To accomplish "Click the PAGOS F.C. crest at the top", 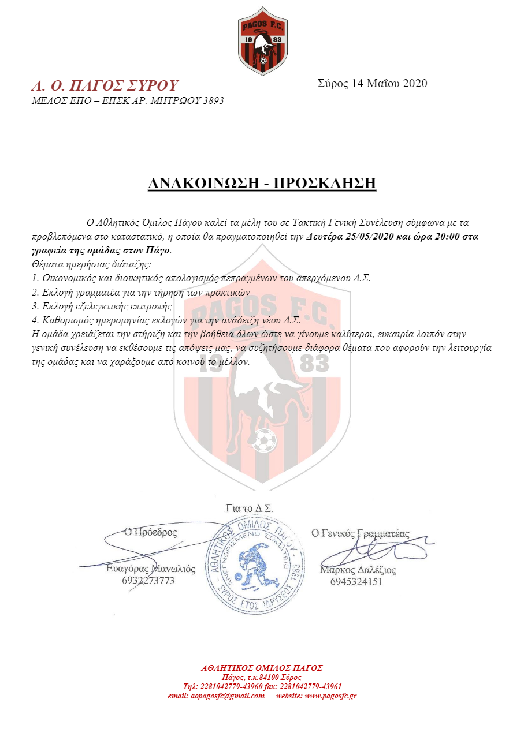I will point(262,42).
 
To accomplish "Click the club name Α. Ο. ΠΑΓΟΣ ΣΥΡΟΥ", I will point(105,86).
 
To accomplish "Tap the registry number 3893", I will point(211,100).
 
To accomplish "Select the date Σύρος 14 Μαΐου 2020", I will point(373,83).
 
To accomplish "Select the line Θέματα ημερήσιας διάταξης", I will point(92,264).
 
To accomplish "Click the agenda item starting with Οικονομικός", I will point(201,278).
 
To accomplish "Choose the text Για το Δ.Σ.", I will point(249,509).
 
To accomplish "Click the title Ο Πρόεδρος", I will point(151,532).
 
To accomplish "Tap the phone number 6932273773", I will point(148,581).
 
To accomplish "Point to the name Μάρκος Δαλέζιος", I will point(358,570).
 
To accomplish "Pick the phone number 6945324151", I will point(356,582).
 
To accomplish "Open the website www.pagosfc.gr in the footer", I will point(330,696).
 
